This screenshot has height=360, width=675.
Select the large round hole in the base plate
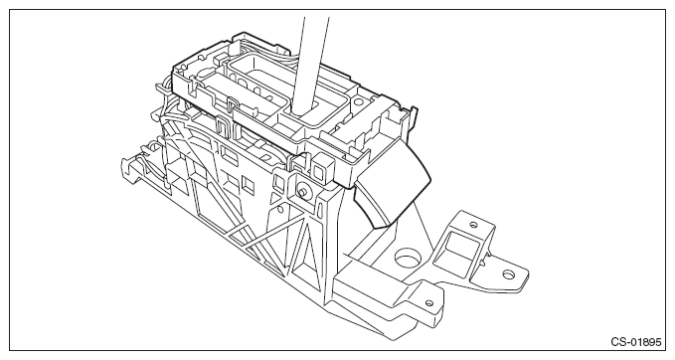[x=407, y=264]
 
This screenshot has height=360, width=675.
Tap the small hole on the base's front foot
[x=427, y=305]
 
